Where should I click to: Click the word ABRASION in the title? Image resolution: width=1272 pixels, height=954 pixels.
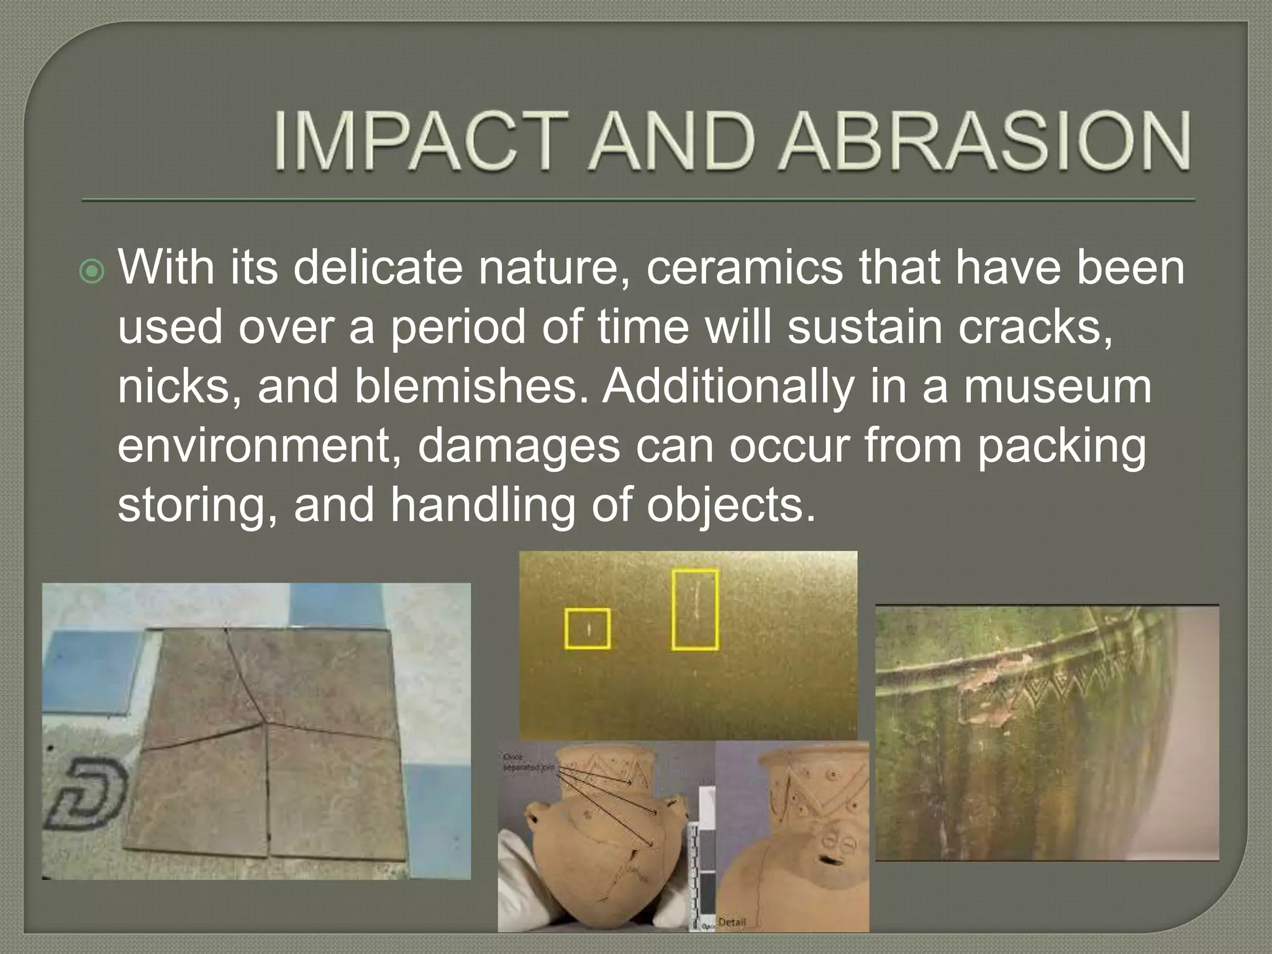click(986, 142)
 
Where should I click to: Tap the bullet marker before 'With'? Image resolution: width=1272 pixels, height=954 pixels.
click(93, 271)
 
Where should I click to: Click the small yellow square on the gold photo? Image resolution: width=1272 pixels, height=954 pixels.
click(587, 629)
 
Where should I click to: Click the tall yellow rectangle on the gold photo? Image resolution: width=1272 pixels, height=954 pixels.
click(695, 609)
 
